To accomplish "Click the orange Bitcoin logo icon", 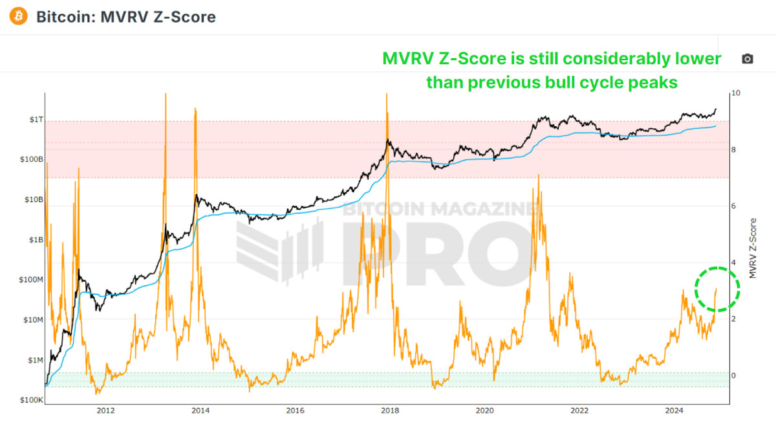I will coord(19,16).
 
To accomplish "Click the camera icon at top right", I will coord(748,59).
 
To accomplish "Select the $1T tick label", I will coord(35,120).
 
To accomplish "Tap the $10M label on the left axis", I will coord(32,320).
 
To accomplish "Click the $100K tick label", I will coord(32,400).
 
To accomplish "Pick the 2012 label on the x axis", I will coord(105,410).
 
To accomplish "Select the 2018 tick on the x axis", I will coord(389,410).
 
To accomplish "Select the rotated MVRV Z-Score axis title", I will coord(752,248).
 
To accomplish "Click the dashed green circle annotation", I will coord(717,290).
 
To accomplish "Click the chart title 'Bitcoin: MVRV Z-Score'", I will coord(125,17).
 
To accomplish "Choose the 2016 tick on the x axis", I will coord(295,410).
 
